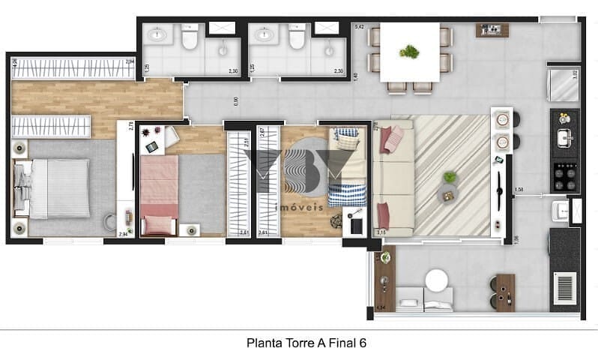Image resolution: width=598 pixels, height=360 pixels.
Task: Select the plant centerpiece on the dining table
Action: click(409, 52)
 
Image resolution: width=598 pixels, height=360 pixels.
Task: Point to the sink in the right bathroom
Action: click(264, 34)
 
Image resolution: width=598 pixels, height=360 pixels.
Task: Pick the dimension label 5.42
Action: click(359, 27)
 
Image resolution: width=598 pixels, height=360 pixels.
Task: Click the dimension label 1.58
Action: click(519, 189)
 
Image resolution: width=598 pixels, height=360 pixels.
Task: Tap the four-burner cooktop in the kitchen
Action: click(564, 176)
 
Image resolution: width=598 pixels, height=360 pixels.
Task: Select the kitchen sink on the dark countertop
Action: click(564, 138)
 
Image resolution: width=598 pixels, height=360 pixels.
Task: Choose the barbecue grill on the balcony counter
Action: click(564, 286)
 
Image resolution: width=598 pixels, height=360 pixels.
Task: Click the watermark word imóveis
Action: click(299, 206)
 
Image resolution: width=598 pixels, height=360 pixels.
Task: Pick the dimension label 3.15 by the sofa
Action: click(380, 232)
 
